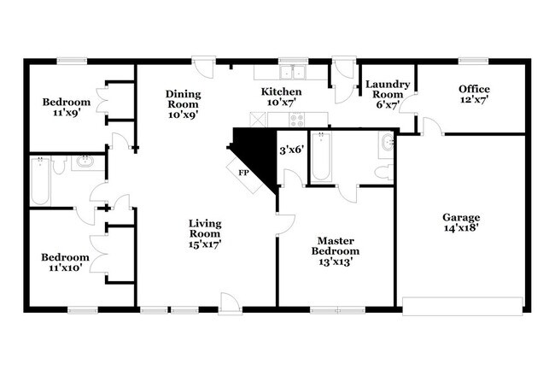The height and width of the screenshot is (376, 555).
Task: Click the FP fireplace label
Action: click(243, 173)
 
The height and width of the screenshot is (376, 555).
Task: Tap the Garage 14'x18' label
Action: click(461, 222)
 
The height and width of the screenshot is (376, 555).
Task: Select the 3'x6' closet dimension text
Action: click(292, 150)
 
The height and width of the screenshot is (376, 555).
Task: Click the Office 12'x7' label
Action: click(474, 94)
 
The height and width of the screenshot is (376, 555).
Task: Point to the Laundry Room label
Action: click(388, 90)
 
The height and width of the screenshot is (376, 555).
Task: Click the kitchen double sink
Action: click(293, 73)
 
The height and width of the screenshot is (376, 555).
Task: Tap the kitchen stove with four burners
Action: click(296, 120)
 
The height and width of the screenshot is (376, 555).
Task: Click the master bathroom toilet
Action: click(384, 173)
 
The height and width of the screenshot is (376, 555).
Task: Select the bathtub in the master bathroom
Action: click(321, 156)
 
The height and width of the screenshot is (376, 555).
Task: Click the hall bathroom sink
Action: click(85, 163)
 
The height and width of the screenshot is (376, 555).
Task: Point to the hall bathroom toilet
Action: click(59, 166)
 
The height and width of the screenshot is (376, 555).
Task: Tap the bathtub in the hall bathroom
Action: click(40, 181)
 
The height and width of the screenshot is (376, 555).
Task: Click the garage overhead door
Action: click(462, 306)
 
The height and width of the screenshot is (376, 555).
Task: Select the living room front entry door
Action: click(230, 304)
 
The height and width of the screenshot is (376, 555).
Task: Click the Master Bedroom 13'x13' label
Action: click(336, 251)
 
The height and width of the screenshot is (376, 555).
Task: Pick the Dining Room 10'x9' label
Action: click(183, 104)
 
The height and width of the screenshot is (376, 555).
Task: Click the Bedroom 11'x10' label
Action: click(65, 262)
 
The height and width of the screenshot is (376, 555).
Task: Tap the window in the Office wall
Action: click(474, 61)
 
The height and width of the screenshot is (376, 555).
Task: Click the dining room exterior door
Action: click(204, 68)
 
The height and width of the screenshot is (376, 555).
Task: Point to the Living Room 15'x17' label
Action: click(205, 233)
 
